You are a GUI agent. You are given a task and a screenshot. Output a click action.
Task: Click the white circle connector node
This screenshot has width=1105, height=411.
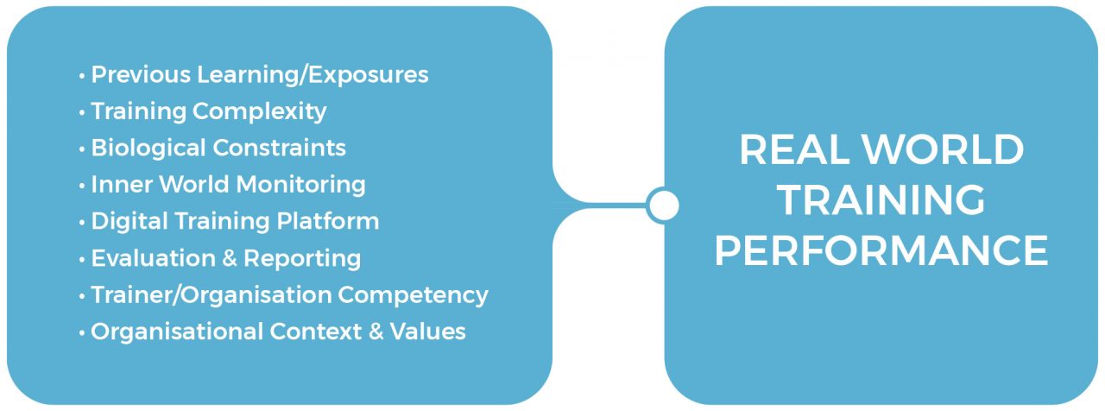[x=662, y=205]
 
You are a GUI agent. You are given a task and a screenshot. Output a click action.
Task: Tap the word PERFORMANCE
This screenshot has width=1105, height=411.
[x=881, y=251]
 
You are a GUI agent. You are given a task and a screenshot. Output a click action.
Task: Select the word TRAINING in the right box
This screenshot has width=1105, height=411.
[x=881, y=200]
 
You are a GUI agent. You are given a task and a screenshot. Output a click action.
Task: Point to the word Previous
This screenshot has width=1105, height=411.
[x=142, y=75]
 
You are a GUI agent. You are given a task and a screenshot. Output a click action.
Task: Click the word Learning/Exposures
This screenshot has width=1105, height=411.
[x=313, y=75]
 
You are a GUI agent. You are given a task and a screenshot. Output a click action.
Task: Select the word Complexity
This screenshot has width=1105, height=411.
[x=259, y=111]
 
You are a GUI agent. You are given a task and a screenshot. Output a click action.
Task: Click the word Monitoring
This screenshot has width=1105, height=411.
[x=301, y=185]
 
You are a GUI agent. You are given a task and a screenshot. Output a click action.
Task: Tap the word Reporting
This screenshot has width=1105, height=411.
[x=302, y=259]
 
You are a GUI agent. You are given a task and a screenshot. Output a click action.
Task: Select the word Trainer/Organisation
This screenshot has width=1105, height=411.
[x=212, y=295]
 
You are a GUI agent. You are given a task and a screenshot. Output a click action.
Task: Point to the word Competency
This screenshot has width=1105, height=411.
[x=413, y=295]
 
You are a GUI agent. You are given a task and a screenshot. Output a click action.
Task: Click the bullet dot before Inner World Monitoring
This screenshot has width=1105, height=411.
[x=82, y=186]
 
